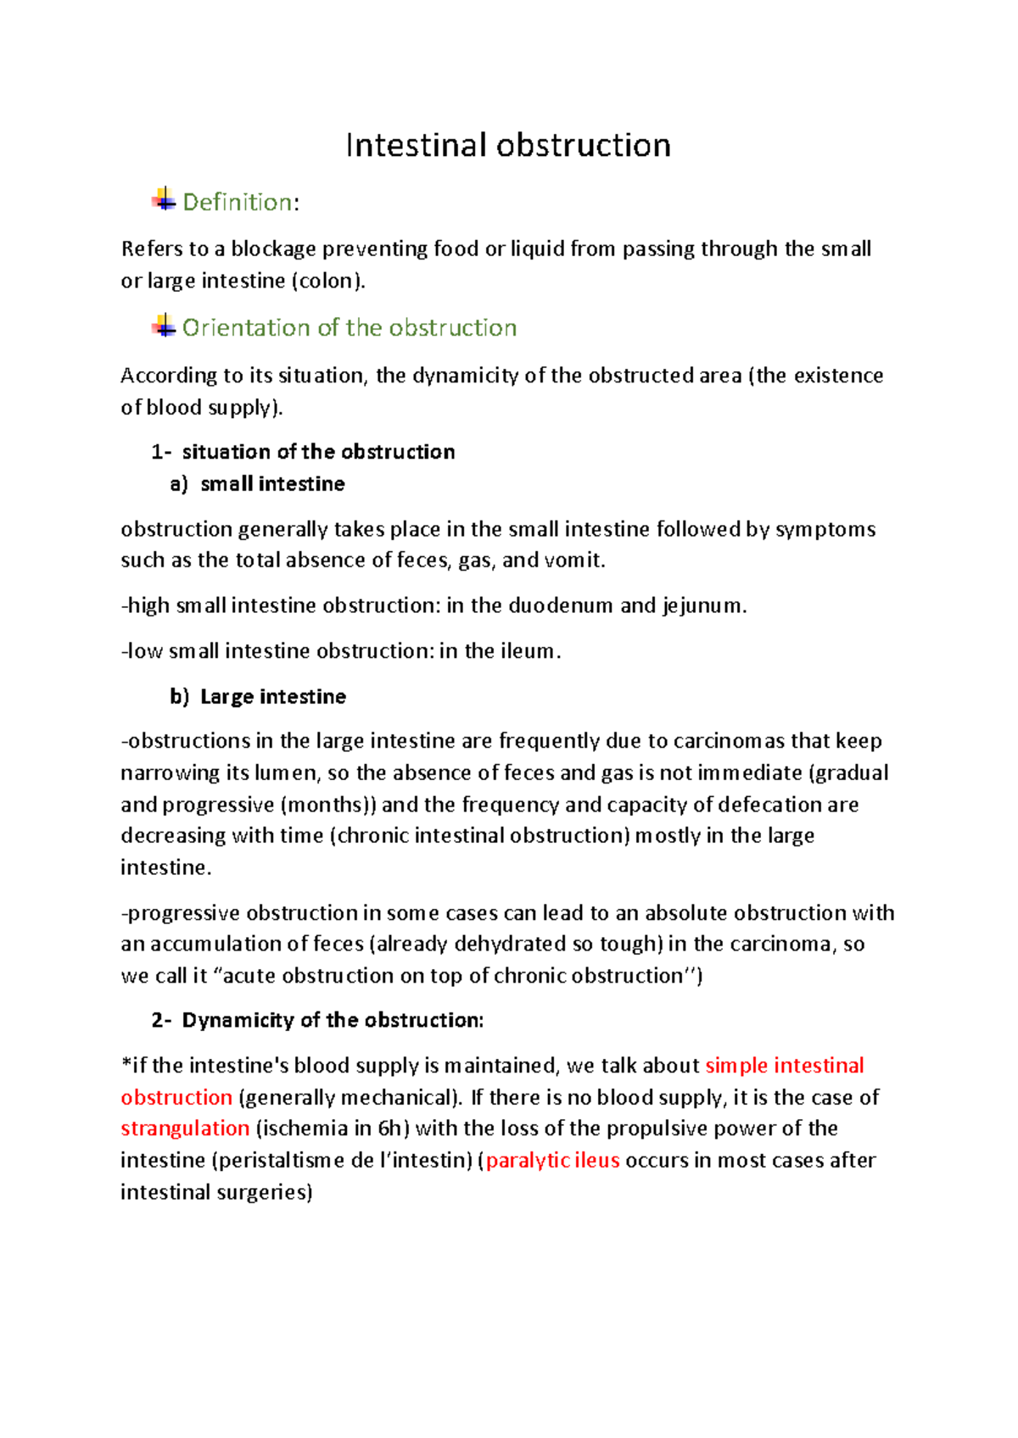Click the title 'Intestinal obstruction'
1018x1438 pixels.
click(x=508, y=146)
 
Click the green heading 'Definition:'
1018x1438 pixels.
click(x=241, y=203)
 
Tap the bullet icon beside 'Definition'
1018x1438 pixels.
click(x=164, y=199)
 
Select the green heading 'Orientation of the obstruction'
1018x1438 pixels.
click(x=350, y=328)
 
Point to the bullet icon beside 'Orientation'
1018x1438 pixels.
click(x=164, y=326)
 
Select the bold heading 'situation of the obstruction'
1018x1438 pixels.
click(x=318, y=452)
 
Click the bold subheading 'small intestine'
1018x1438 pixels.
click(x=272, y=484)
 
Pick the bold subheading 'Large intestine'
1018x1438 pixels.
click(x=272, y=697)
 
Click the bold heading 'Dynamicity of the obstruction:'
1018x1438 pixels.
click(x=333, y=1020)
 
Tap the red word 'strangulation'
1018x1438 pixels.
click(x=185, y=1129)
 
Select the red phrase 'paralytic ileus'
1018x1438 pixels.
click(x=552, y=1161)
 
